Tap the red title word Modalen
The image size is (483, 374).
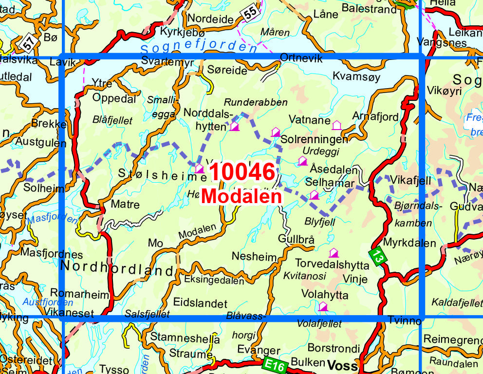(x=242, y=196)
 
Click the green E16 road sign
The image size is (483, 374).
(x=275, y=364)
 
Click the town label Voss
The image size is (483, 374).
(x=343, y=365)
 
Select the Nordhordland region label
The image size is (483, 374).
(x=117, y=267)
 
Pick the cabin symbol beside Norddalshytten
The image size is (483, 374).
(x=235, y=127)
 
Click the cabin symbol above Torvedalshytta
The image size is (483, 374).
(x=334, y=253)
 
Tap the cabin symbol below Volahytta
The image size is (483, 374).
(x=323, y=306)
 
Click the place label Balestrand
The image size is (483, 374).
(x=369, y=9)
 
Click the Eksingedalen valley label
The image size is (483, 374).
(x=214, y=280)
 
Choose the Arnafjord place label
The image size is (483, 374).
(x=375, y=117)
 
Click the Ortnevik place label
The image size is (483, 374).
(x=301, y=58)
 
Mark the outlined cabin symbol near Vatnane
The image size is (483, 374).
(x=336, y=126)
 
